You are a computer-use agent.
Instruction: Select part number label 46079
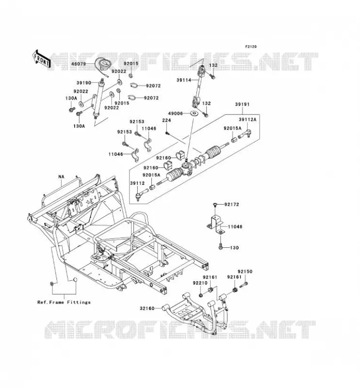click(x=78, y=64)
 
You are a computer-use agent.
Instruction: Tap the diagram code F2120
click(x=251, y=47)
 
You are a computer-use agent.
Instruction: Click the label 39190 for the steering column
click(x=83, y=83)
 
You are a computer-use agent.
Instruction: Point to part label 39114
click(x=184, y=80)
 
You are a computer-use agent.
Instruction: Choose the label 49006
click(x=175, y=113)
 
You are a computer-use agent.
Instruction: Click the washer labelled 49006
click(x=194, y=113)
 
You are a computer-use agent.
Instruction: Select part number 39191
click(x=242, y=104)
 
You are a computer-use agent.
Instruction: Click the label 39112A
click(x=247, y=120)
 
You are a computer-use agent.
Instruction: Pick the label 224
click(x=166, y=120)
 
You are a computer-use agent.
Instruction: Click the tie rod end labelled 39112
click(x=141, y=194)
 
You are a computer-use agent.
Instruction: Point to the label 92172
click(x=232, y=205)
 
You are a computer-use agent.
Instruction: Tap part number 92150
click(x=245, y=272)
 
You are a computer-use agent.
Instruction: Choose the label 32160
click(x=147, y=308)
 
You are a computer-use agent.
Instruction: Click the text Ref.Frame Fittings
click(x=64, y=302)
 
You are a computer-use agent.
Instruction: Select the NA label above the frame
click(x=62, y=177)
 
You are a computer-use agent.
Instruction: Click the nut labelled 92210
click(x=201, y=295)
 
